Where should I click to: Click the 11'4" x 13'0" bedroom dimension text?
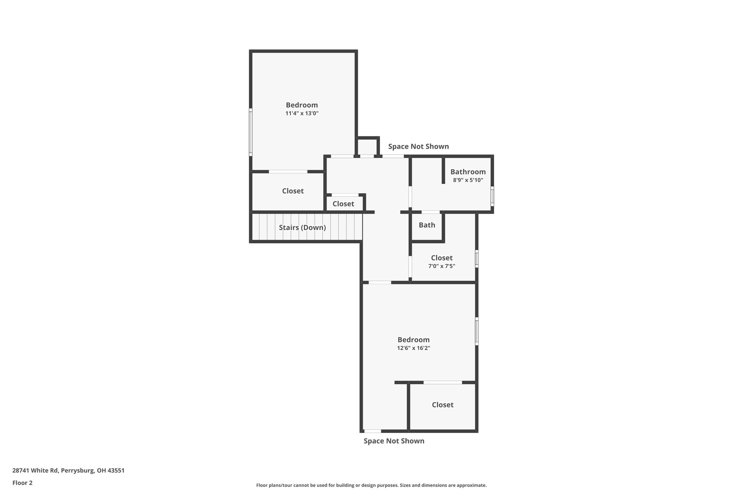click(x=302, y=114)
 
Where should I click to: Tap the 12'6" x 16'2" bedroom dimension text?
click(x=414, y=348)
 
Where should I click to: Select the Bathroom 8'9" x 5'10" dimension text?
click(x=468, y=180)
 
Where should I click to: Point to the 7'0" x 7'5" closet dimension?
click(x=442, y=266)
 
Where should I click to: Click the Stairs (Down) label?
click(x=302, y=228)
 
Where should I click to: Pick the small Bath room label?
click(x=427, y=225)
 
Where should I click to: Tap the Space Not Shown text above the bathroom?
click(x=418, y=147)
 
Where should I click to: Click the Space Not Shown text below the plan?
click(x=394, y=441)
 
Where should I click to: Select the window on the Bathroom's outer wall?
click(x=492, y=196)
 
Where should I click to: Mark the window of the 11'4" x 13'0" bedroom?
click(x=251, y=132)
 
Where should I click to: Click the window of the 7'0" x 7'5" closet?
click(x=477, y=259)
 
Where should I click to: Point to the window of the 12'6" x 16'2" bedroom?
click(x=477, y=331)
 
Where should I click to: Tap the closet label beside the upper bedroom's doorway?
click(x=293, y=191)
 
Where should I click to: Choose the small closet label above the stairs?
click(x=343, y=204)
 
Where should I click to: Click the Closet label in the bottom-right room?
click(x=443, y=405)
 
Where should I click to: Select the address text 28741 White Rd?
click(x=68, y=471)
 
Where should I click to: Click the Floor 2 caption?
click(x=22, y=483)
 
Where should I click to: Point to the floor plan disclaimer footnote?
click(x=371, y=485)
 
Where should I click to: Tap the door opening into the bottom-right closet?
click(x=443, y=382)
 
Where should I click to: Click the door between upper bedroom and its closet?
click(x=288, y=172)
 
